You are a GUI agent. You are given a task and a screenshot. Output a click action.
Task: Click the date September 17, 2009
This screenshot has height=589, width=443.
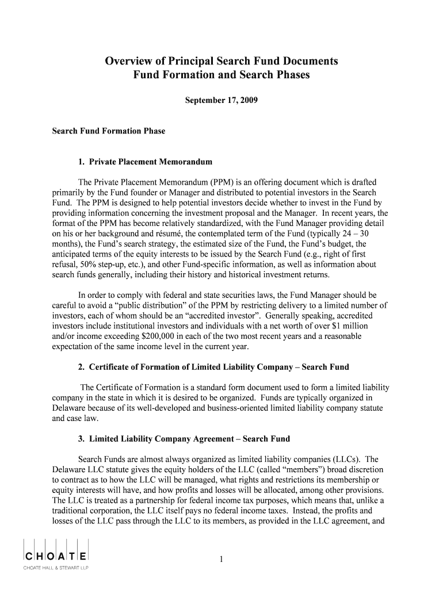(221, 100)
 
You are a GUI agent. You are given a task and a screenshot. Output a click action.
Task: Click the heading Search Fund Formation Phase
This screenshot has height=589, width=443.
(109, 131)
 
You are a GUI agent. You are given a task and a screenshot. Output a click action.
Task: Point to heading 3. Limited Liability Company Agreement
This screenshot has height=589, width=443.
(184, 439)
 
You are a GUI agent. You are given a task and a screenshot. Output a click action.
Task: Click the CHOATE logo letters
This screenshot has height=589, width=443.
(55, 557)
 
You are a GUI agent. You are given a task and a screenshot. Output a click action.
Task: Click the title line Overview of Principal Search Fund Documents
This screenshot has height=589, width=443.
(221, 61)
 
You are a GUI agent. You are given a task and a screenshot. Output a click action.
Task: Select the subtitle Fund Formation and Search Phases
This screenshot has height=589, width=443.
(221, 75)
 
